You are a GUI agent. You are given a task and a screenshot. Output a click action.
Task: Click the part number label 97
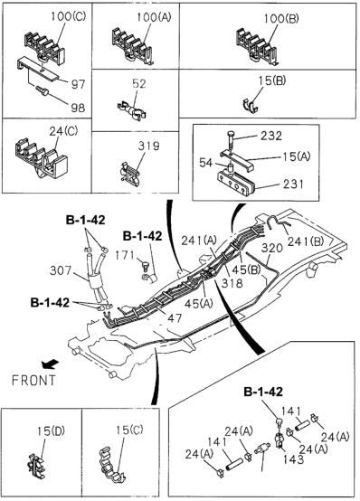[x=79, y=84]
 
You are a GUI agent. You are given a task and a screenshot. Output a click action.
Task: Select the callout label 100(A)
[x=154, y=16]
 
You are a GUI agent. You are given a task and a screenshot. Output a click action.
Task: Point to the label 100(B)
[x=281, y=18]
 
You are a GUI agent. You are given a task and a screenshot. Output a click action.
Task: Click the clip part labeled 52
[x=132, y=110]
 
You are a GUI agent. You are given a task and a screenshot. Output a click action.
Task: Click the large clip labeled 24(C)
[x=41, y=159]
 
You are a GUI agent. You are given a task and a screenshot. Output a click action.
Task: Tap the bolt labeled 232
[x=231, y=139]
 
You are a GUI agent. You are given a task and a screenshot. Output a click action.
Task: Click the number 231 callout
[x=292, y=184]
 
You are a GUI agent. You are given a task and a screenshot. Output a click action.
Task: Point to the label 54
[x=205, y=163]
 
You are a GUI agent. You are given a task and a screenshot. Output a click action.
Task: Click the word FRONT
[x=33, y=380]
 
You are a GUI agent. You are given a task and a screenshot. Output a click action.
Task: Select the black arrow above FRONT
[x=50, y=364]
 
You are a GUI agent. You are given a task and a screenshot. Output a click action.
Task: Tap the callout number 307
[x=61, y=270]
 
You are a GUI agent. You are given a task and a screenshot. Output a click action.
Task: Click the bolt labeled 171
[x=145, y=265]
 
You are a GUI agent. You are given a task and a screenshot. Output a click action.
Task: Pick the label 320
[x=272, y=248]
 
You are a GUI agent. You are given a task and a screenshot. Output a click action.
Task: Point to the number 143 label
[x=293, y=459]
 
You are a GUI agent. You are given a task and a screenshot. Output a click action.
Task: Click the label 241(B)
[x=306, y=241]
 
